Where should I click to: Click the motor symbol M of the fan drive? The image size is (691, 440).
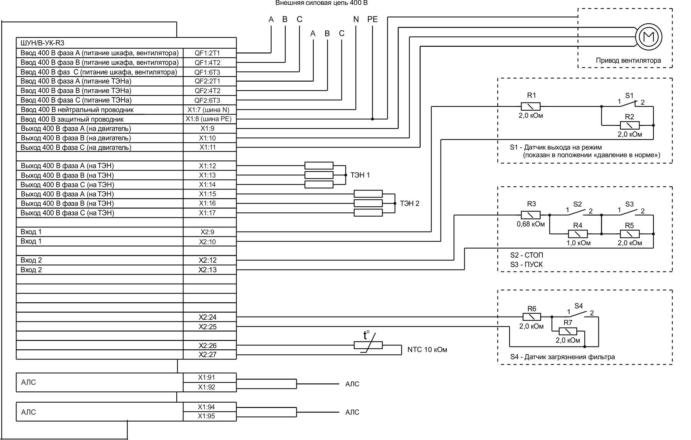point(648,37)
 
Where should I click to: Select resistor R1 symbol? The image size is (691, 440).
point(531,106)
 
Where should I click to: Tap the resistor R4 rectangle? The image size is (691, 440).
point(578,234)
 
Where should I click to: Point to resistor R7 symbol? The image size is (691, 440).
point(568,331)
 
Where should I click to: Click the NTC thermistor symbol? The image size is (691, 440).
point(368,345)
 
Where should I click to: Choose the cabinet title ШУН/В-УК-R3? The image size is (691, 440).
point(42,43)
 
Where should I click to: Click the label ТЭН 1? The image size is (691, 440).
point(360,175)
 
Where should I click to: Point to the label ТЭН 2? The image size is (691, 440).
point(409,203)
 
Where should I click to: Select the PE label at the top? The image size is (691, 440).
point(372,19)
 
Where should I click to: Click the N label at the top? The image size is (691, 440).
point(356,19)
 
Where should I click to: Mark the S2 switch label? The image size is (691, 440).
point(577,204)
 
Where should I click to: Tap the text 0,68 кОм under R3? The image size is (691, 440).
point(531,224)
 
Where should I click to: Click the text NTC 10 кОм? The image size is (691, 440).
point(427,350)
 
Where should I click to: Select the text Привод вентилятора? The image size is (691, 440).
point(628,60)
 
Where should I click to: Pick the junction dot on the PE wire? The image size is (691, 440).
point(372,119)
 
